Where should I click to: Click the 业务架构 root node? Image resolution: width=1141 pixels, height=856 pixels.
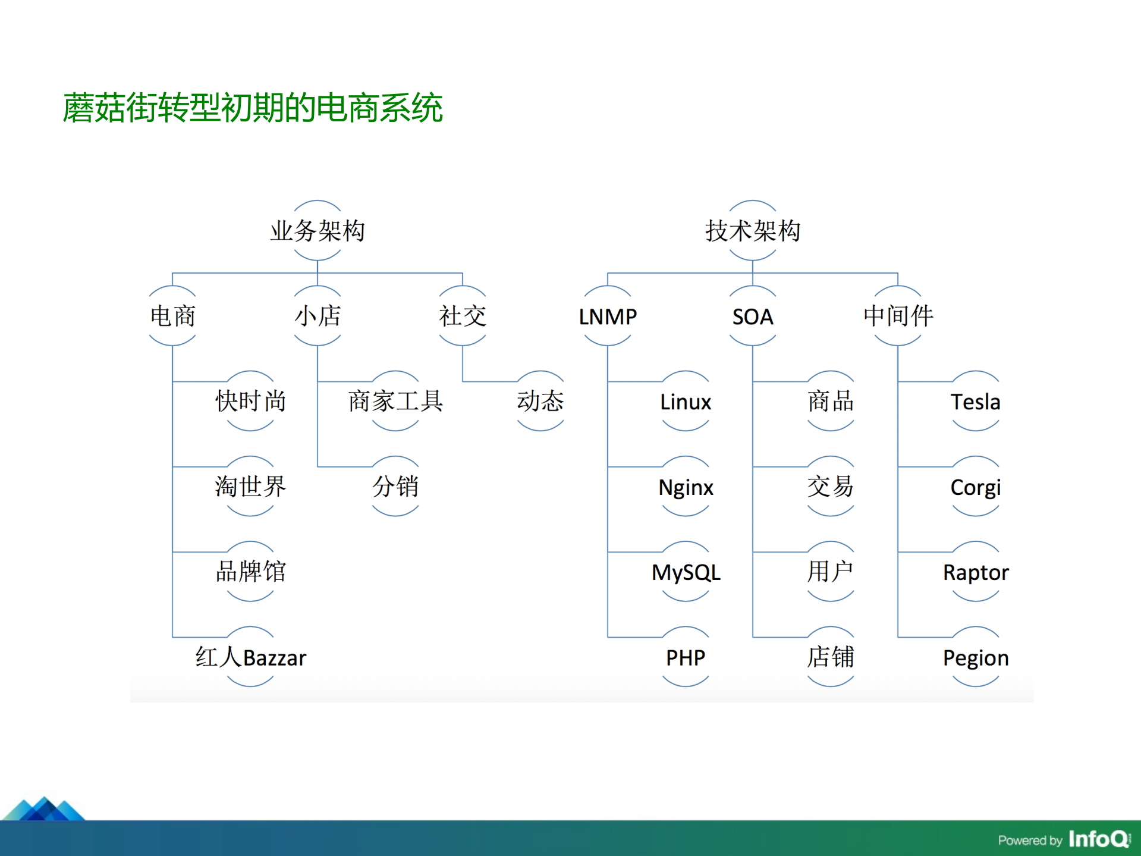pyautogui.click(x=317, y=231)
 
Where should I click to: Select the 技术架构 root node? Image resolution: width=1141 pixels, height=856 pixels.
pyautogui.click(x=752, y=231)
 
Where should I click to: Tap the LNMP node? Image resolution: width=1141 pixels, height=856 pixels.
pyautogui.click(x=608, y=316)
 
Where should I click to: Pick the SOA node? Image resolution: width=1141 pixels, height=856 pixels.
pyautogui.click(x=752, y=316)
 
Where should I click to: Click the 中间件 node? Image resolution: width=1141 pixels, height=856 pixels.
pyautogui.click(x=898, y=316)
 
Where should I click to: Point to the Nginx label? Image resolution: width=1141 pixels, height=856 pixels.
pyautogui.click(x=686, y=487)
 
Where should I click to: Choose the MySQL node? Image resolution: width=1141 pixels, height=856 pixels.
pyautogui.click(x=686, y=572)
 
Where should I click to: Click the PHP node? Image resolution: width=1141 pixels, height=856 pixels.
pyautogui.click(x=686, y=657)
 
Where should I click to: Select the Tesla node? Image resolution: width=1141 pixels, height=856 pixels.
pyautogui.click(x=975, y=402)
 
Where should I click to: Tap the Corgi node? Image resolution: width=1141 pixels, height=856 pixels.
pyautogui.click(x=975, y=487)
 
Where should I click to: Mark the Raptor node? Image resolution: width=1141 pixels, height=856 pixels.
pyautogui.click(x=975, y=572)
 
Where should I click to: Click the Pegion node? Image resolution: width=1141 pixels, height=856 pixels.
pyautogui.click(x=975, y=657)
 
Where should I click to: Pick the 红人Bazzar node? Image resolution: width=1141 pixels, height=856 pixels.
pyautogui.click(x=250, y=657)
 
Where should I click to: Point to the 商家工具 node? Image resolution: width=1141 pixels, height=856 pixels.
pyautogui.click(x=395, y=402)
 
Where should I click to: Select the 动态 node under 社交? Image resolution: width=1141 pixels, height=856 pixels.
pyautogui.click(x=540, y=402)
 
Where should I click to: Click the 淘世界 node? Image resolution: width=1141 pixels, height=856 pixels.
pyautogui.click(x=250, y=487)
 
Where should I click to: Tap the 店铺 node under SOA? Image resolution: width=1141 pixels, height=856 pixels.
pyautogui.click(x=831, y=657)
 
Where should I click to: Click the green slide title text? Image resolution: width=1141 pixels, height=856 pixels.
pyautogui.click(x=253, y=108)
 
